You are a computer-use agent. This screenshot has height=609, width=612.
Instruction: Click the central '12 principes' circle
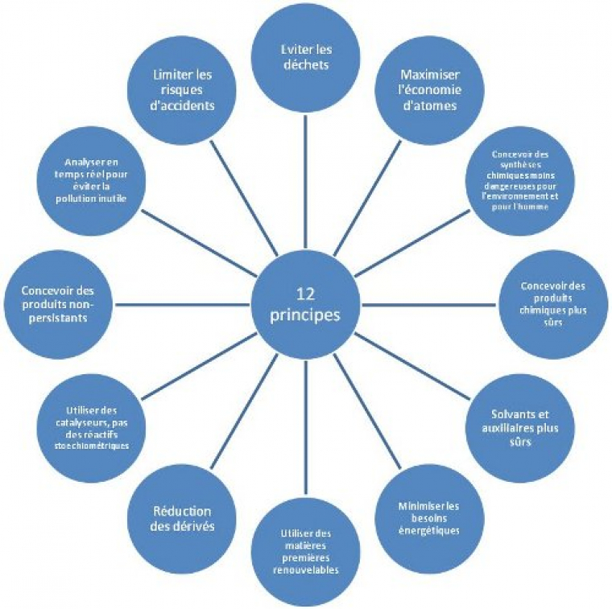pyautogui.click(x=305, y=304)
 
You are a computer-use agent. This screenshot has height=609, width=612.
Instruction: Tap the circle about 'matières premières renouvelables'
pyautogui.click(x=305, y=552)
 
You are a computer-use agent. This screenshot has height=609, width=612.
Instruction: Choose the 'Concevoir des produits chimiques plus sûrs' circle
pyautogui.click(x=554, y=304)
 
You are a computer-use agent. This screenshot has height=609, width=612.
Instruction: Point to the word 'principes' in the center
pyautogui.click(x=305, y=315)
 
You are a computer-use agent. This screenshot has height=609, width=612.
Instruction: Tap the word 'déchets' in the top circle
pyautogui.click(x=305, y=65)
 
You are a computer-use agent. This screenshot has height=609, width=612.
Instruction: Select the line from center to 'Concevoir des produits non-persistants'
pyautogui.click(x=185, y=304)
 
